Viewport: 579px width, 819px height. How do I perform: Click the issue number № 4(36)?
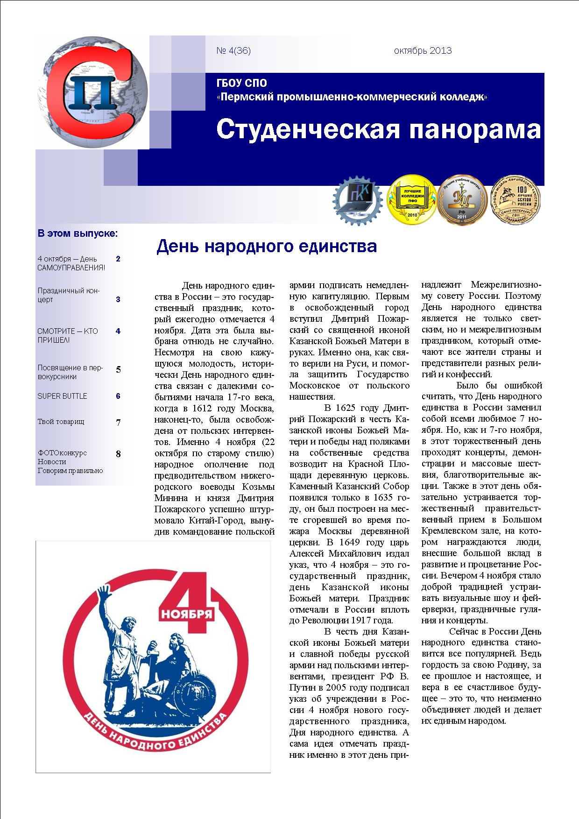click(x=233, y=51)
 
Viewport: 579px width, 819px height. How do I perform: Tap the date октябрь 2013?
click(x=423, y=51)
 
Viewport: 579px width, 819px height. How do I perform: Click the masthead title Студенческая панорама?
click(x=378, y=129)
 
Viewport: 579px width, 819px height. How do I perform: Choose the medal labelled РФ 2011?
click(x=461, y=200)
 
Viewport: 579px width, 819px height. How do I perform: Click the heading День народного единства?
click(x=267, y=246)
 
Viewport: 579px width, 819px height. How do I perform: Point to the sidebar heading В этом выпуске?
click(x=78, y=233)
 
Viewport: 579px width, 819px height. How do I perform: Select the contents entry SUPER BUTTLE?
click(x=62, y=396)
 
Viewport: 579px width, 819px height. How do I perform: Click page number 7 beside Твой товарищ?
click(x=118, y=423)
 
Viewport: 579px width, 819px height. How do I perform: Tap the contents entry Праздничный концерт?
click(x=68, y=295)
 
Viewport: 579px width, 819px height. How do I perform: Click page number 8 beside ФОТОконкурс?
click(x=118, y=454)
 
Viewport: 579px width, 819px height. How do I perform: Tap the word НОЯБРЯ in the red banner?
click(x=186, y=613)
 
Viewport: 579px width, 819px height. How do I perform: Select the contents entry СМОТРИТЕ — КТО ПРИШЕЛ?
click(x=68, y=336)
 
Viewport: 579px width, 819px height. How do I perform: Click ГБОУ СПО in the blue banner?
click(x=242, y=84)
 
